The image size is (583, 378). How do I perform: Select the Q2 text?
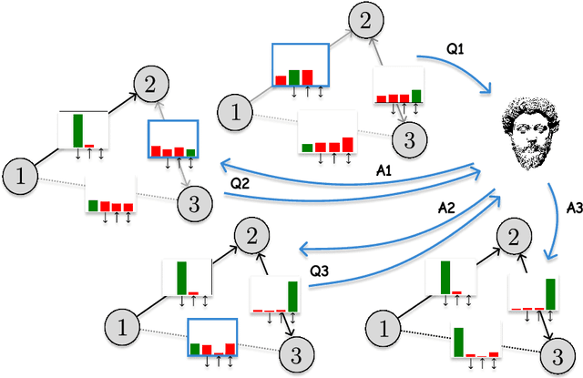click(241, 183)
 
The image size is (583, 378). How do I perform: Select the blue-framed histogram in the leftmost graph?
click(173, 139)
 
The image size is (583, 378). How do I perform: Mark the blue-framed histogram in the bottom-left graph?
click(211, 338)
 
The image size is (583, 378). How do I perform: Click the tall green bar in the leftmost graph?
click(79, 128)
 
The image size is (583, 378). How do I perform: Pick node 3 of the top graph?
click(409, 138)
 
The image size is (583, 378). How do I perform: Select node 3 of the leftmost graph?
click(190, 200)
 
